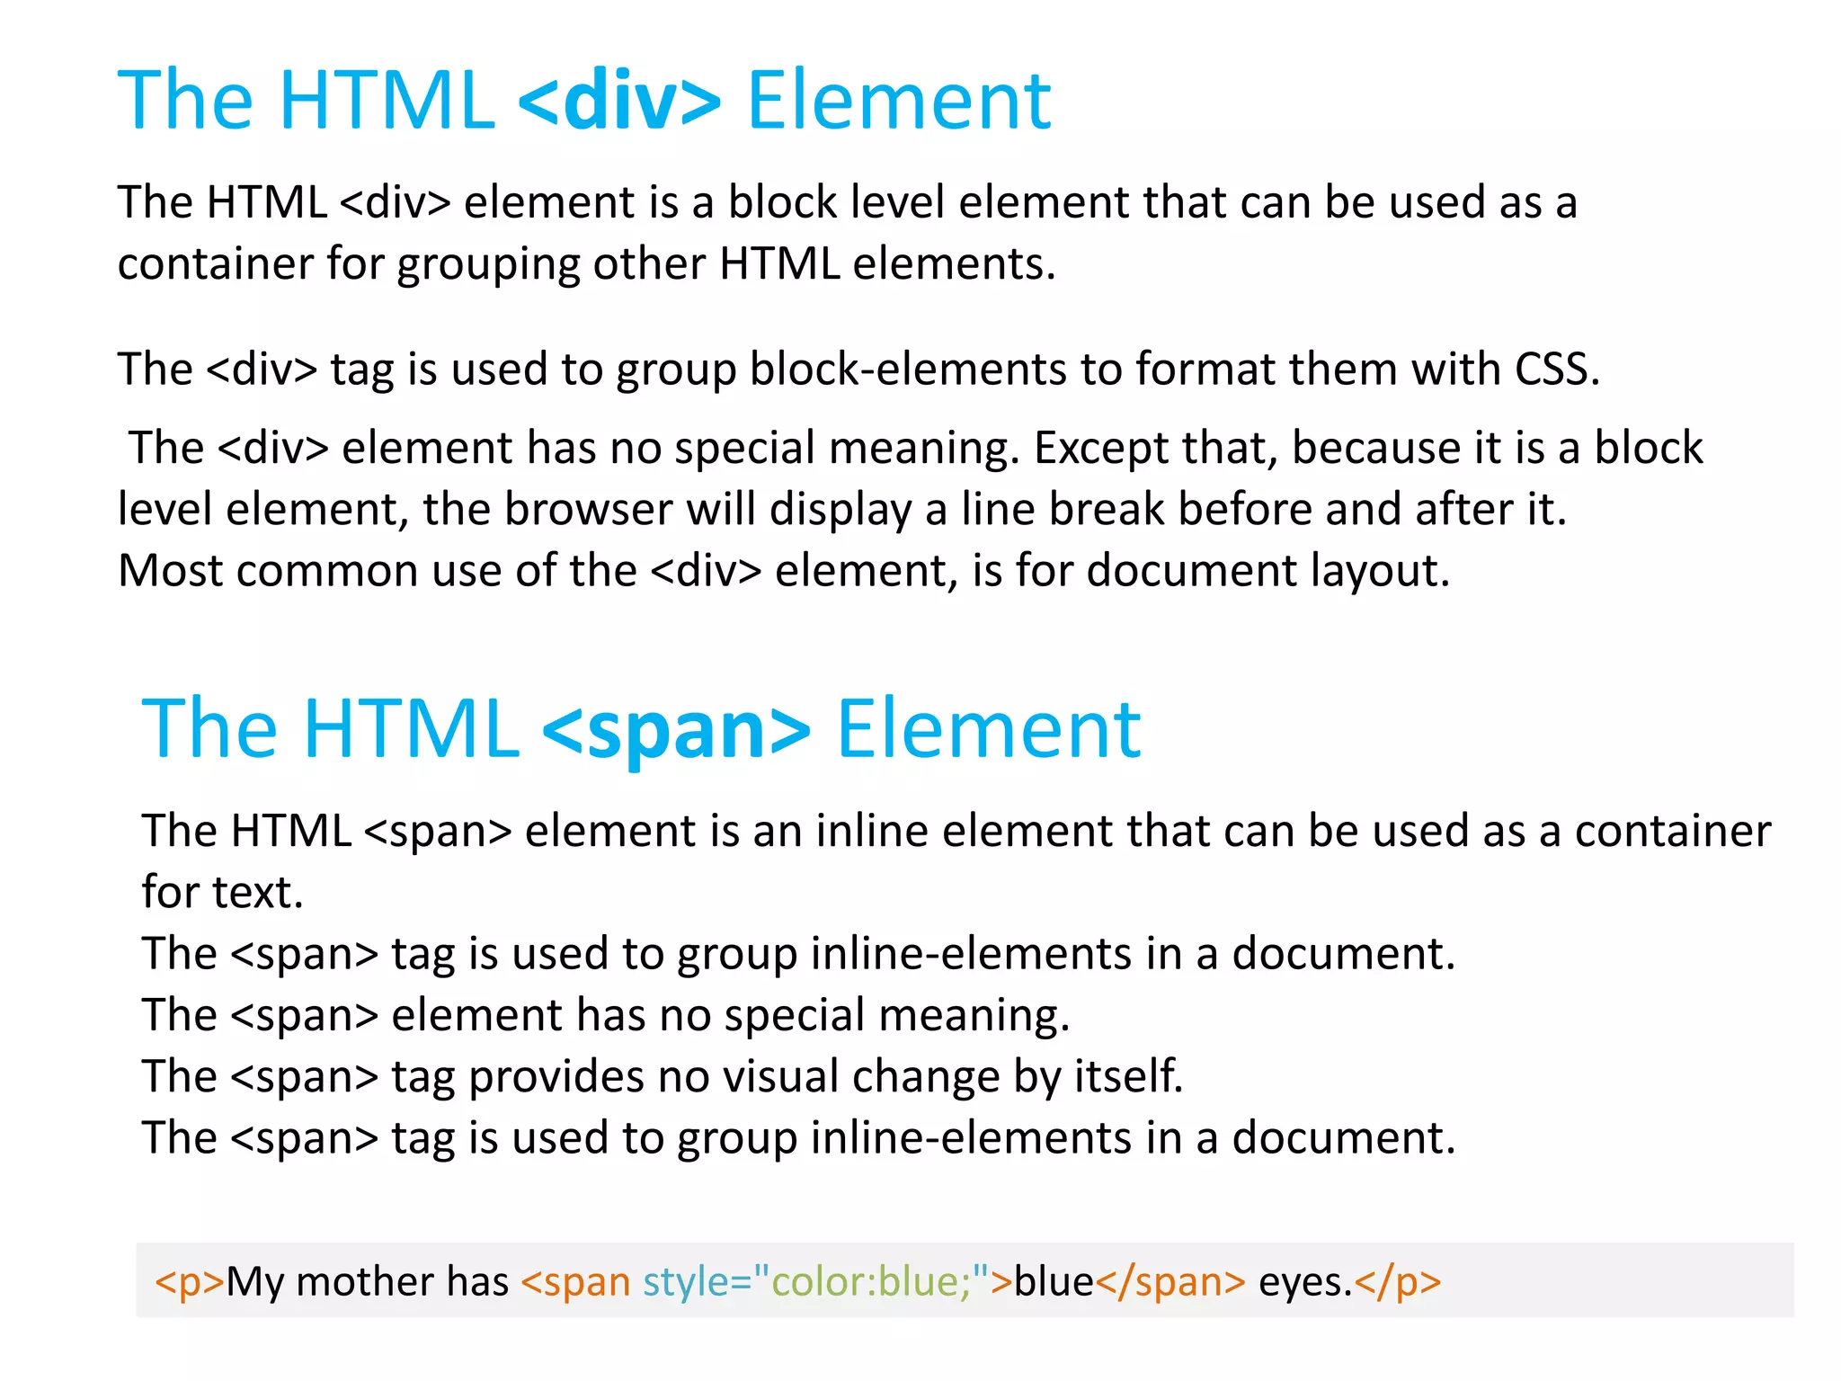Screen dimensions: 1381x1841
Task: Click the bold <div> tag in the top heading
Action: pyautogui.click(x=619, y=101)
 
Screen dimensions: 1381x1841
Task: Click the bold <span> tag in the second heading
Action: pyautogui.click(x=677, y=729)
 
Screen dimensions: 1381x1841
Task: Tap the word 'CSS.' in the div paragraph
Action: pyautogui.click(x=1557, y=370)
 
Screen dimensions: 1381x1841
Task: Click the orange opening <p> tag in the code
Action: pyautogui.click(x=189, y=1282)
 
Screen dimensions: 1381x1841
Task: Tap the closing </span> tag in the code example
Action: pyautogui.click(x=1170, y=1282)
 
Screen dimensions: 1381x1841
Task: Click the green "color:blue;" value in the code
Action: pyautogui.click(x=871, y=1282)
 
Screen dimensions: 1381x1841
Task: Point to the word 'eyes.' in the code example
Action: pyautogui.click(x=1305, y=1282)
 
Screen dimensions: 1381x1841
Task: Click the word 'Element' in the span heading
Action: pyautogui.click(x=988, y=729)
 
